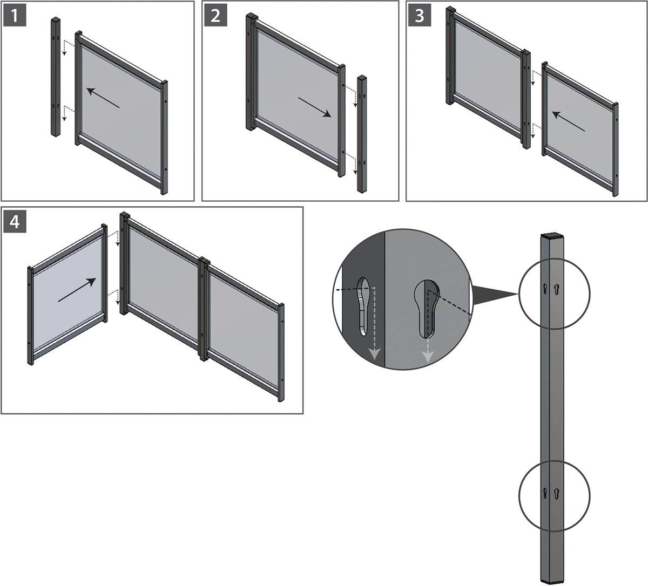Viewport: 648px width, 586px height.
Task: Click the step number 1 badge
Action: click(15, 16)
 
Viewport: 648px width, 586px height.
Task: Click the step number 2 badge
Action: click(216, 16)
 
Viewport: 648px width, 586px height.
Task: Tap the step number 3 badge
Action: click(420, 16)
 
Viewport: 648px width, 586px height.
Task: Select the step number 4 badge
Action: click(15, 222)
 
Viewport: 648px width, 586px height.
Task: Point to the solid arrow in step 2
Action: click(315, 107)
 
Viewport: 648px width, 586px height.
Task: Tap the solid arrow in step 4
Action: click(77, 290)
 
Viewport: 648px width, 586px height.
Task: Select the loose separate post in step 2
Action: click(362, 134)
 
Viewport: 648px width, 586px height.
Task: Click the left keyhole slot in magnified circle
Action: click(363, 306)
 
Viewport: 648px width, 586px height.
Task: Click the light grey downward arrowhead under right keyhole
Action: click(428, 356)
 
